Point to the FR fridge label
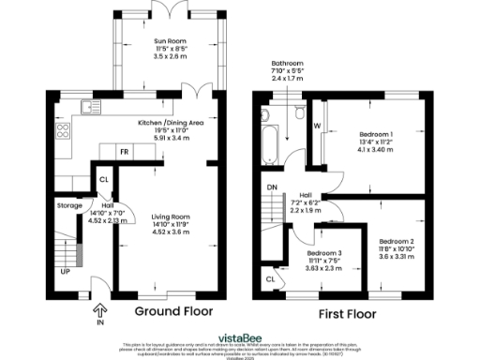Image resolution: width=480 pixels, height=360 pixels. click(123, 151)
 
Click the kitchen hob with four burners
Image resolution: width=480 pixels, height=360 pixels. click(64, 130)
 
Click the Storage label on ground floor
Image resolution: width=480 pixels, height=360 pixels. click(69, 204)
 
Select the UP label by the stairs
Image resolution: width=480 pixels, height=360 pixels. click(65, 272)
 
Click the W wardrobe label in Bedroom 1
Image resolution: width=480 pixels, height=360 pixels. click(317, 125)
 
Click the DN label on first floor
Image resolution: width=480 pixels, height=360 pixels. click(272, 187)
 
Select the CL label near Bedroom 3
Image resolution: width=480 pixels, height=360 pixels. click(270, 278)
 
